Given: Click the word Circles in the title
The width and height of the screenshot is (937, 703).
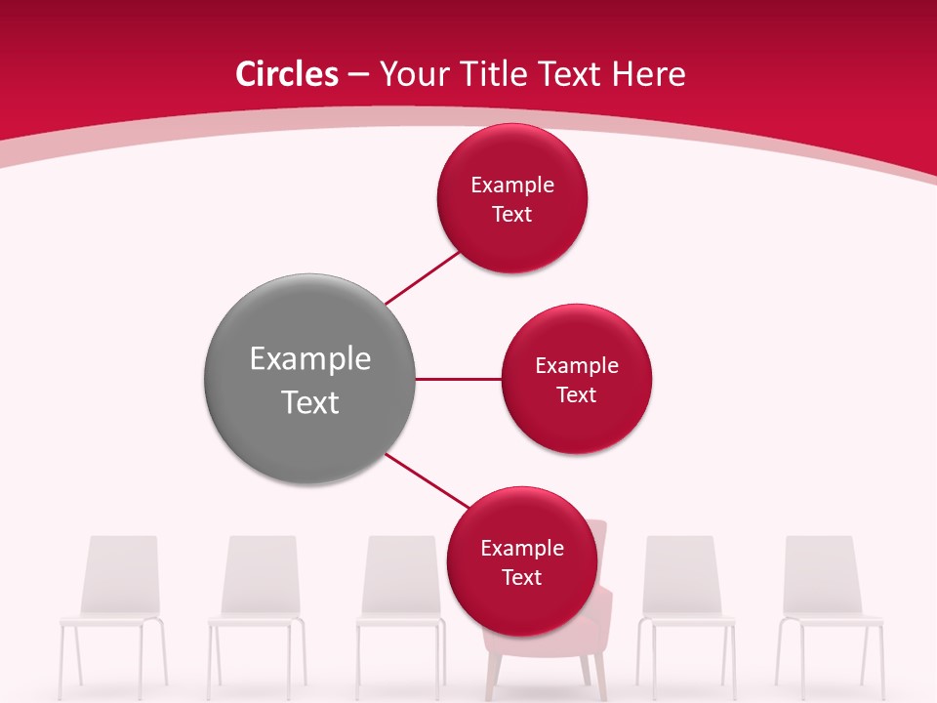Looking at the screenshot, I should (286, 74).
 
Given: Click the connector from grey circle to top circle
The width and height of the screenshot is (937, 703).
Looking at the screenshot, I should (422, 277).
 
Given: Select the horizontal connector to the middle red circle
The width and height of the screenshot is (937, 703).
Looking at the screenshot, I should (458, 379).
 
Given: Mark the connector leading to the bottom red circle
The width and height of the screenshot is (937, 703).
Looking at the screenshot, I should (427, 479).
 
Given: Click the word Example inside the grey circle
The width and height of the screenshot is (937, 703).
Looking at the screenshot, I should (309, 359).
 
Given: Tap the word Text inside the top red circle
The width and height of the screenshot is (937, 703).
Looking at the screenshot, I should (512, 215).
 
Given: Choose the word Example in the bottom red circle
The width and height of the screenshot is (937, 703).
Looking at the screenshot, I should (522, 549).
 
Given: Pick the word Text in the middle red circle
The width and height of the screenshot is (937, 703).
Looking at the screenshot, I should (577, 395).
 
